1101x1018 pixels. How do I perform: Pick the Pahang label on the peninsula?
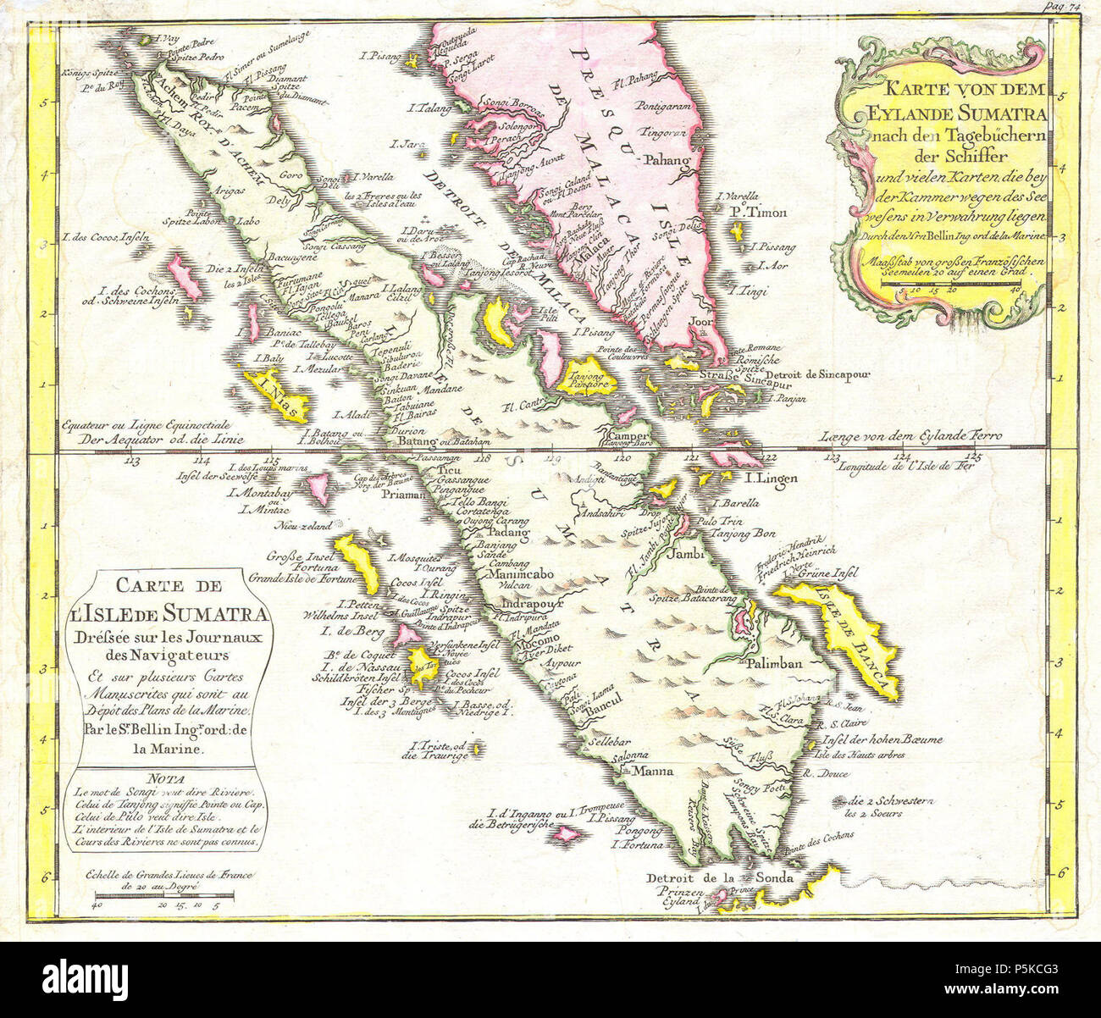(664, 159)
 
